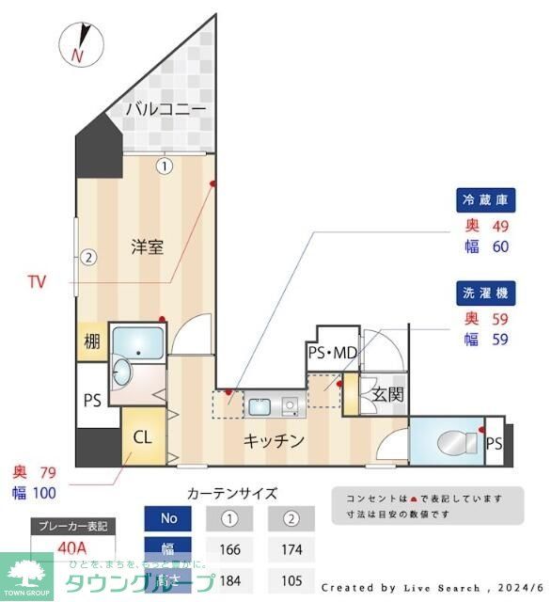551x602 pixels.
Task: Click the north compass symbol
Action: pyautogui.click(x=82, y=43)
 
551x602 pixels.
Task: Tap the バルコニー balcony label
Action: pyautogui.click(x=165, y=109)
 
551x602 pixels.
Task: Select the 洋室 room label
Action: pyautogui.click(x=148, y=247)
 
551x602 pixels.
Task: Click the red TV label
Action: pyautogui.click(x=37, y=281)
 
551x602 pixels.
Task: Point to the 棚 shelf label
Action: pyautogui.click(x=91, y=342)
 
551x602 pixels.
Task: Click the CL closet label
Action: pyautogui.click(x=142, y=436)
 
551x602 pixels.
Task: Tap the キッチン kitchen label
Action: pyautogui.click(x=275, y=440)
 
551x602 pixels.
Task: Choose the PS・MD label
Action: pyautogui.click(x=332, y=353)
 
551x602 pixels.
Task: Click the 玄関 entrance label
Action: pyautogui.click(x=386, y=394)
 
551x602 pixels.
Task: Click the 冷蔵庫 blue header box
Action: pyautogui.click(x=485, y=200)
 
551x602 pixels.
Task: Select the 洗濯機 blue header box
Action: pyautogui.click(x=485, y=292)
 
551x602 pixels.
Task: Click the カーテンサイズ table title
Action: pyautogui.click(x=232, y=493)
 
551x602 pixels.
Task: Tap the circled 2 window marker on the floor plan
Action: pyautogui.click(x=87, y=256)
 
